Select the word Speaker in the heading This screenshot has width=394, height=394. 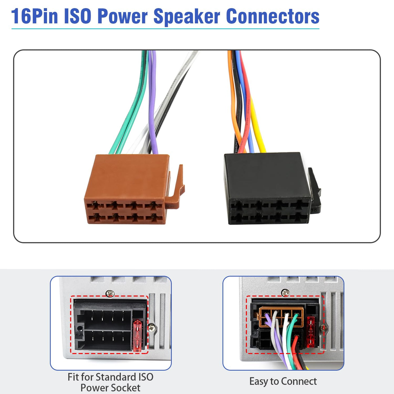pyautogui.click(x=187, y=17)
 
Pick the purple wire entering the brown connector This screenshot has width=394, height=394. pyautogui.click(x=153, y=102)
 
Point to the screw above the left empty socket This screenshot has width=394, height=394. pyautogui.click(x=110, y=294)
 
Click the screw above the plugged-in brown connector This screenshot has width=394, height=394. pyautogui.click(x=285, y=293)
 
